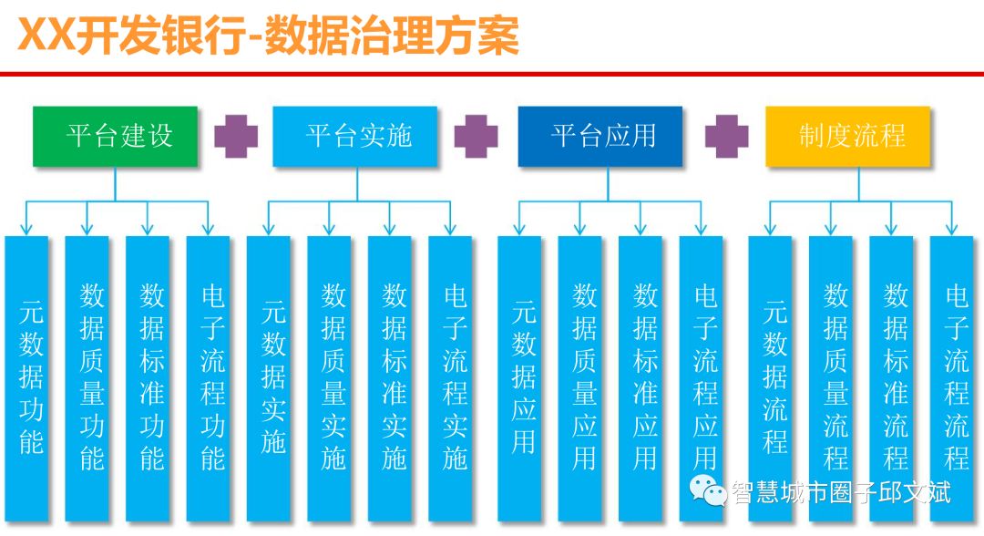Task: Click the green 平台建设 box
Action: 115,136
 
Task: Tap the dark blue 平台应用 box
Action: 600,136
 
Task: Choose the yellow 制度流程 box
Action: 848,136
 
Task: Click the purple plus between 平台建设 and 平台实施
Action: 236,136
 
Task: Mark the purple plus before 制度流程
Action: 726,136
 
